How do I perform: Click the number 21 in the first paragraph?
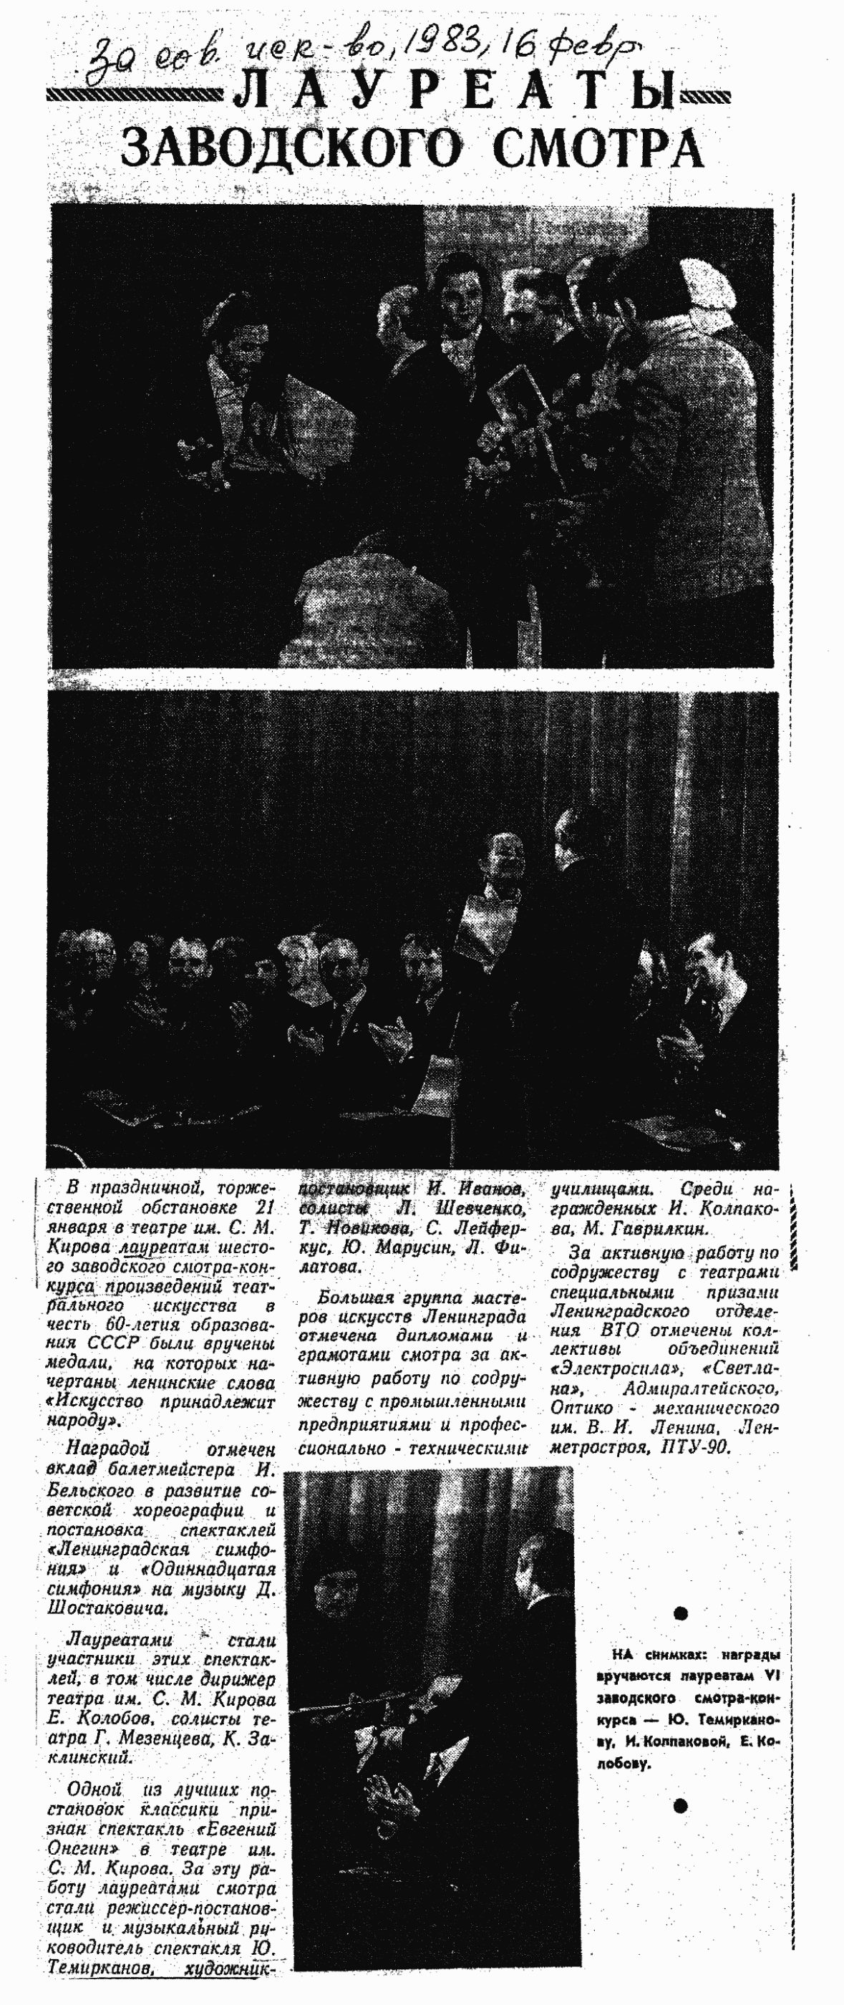point(263,1209)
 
